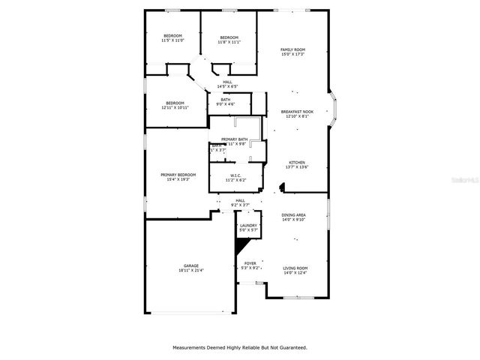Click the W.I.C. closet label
[236, 178]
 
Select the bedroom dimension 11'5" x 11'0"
[173, 41]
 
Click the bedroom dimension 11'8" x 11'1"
[229, 42]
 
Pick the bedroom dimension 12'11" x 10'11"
[175, 107]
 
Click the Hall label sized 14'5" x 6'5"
[227, 85]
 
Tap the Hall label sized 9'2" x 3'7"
[240, 202]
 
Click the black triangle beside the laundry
[241, 245]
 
